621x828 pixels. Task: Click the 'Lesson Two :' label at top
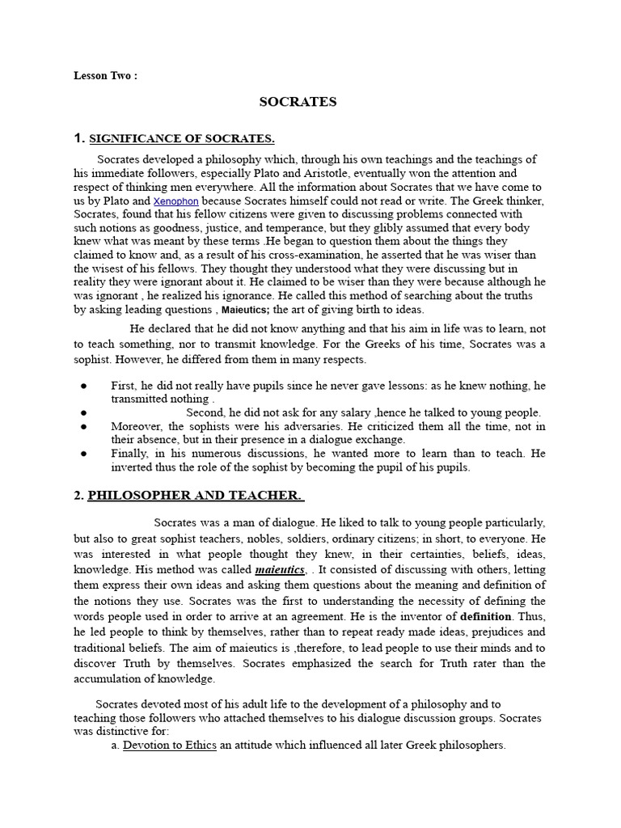(105, 76)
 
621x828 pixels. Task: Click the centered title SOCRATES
(298, 102)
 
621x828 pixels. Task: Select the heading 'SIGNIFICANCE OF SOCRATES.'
(182, 138)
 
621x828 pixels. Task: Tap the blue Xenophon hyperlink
(176, 201)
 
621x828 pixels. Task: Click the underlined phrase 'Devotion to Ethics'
(169, 746)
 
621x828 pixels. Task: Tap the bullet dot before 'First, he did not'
(83, 386)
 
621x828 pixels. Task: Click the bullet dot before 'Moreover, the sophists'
(83, 426)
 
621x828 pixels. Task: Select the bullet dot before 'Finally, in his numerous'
(83, 454)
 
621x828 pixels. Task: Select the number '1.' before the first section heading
(79, 138)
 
